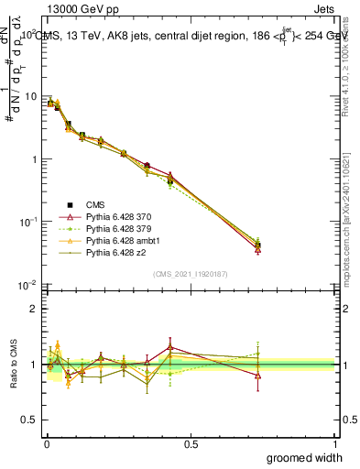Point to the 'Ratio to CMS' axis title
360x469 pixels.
pos(12,365)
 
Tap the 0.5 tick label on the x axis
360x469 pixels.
pos(191,442)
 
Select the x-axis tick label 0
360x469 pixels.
pos(46,442)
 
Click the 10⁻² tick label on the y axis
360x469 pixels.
pos(28,285)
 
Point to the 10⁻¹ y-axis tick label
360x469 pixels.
pos(28,223)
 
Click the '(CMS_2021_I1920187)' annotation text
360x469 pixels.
pos(190,274)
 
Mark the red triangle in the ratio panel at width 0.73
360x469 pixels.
pos(257,376)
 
